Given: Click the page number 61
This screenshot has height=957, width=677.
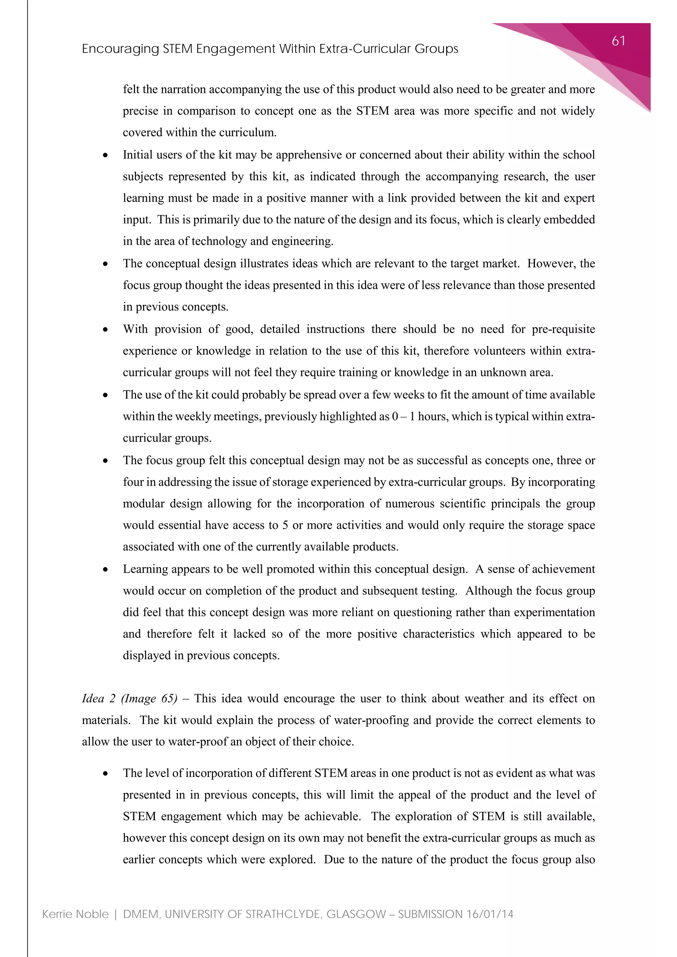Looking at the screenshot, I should point(618,41).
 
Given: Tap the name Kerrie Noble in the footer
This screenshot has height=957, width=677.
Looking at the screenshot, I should point(75,914).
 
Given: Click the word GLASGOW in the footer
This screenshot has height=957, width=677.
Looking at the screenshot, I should point(356,914).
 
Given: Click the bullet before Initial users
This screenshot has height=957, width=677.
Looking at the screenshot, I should point(106,155).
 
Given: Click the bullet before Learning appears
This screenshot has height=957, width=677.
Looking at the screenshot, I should point(106,570).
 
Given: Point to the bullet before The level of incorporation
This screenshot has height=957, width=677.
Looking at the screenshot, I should point(106,774).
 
